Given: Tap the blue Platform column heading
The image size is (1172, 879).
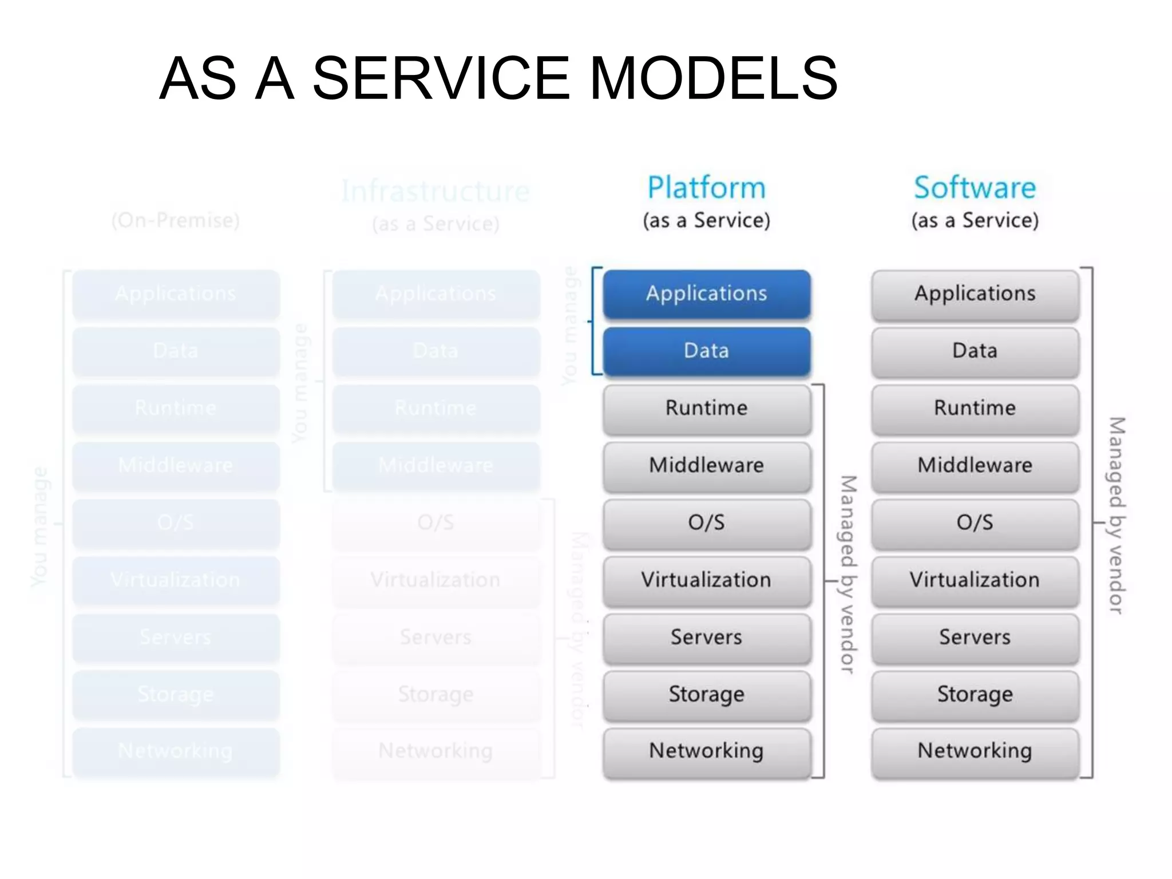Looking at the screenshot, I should tap(706, 188).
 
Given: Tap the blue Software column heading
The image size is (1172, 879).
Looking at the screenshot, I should tap(975, 188).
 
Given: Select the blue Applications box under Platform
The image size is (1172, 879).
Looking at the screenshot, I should tap(706, 294).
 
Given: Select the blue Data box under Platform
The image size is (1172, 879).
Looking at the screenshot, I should tap(706, 351).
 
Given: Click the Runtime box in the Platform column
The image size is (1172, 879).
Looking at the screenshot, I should tap(706, 408).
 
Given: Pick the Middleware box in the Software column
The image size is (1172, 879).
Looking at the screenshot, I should tap(975, 465).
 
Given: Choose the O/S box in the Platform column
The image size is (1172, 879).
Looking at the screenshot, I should tap(706, 522).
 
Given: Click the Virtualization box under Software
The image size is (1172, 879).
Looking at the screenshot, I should tap(975, 580).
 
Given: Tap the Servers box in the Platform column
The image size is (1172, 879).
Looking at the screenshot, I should tap(706, 637).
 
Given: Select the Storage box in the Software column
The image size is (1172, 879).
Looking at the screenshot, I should tap(975, 694).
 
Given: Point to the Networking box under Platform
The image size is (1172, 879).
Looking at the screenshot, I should tap(706, 751).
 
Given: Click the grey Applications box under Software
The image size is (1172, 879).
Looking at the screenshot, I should tap(975, 294).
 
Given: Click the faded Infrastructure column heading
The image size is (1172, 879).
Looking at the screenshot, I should tap(435, 191).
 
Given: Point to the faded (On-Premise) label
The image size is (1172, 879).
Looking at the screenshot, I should tap(176, 220).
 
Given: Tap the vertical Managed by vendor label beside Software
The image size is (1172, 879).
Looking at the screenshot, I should tap(1116, 515).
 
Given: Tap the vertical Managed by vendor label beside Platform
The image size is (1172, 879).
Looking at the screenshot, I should tap(848, 574).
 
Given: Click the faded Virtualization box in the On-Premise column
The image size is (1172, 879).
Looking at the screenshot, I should tap(176, 580).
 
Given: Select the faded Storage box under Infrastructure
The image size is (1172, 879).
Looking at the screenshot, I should tap(435, 694).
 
